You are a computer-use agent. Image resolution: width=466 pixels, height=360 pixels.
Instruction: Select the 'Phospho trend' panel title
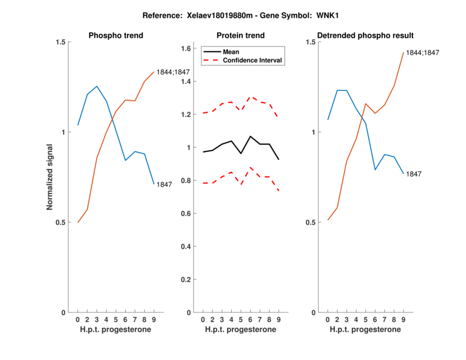[116, 36]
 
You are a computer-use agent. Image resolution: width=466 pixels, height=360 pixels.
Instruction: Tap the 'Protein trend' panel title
[241, 36]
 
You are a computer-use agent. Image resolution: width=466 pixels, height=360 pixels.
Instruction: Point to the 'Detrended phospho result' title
[365, 36]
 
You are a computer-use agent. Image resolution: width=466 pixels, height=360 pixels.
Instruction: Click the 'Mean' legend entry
[231, 52]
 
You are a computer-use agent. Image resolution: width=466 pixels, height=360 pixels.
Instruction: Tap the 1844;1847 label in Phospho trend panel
[174, 72]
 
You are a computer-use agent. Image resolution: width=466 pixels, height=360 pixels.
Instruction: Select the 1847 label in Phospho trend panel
[164, 185]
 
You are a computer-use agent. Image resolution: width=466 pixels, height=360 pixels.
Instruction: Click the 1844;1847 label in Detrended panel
[422, 52]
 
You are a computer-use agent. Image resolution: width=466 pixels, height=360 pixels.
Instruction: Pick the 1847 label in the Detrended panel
[414, 174]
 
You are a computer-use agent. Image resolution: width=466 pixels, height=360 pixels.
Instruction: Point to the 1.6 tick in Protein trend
[187, 48]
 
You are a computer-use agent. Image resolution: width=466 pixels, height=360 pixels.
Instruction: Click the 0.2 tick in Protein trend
[187, 280]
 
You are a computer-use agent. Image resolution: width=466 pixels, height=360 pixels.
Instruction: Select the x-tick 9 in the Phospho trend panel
[154, 320]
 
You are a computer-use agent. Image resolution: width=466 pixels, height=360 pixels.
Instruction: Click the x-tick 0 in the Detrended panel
[327, 320]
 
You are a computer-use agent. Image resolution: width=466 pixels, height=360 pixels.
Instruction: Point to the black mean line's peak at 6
[250, 136]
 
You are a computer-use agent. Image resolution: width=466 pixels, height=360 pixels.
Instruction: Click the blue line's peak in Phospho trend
[97, 86]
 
